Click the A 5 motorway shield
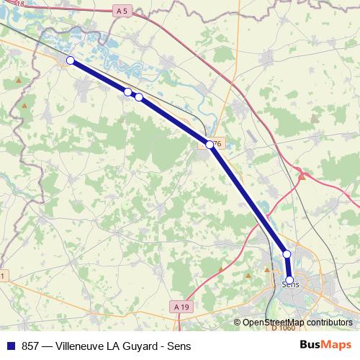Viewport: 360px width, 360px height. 123,11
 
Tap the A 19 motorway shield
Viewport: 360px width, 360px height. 182,307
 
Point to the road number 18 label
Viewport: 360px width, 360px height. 29,4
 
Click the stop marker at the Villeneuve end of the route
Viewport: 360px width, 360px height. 70,60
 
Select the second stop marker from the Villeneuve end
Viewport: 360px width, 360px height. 127,92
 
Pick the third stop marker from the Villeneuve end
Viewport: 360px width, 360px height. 139,97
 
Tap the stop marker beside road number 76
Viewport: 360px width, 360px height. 210,145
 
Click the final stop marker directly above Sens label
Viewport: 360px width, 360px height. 289,280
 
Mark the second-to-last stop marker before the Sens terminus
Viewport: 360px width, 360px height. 287,254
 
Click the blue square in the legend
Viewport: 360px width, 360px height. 10,346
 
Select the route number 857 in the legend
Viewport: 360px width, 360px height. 31,346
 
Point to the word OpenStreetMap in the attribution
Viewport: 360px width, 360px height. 274,323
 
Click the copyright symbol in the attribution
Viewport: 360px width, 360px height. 238,323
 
